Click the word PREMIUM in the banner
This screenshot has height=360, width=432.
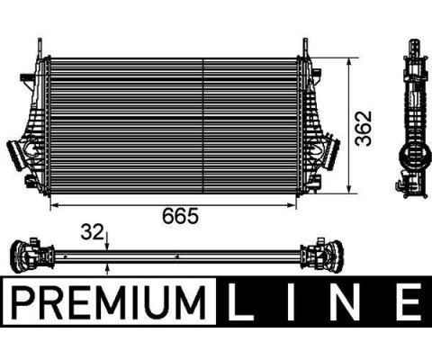click(x=106, y=303)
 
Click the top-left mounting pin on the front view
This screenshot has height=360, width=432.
click(x=38, y=46)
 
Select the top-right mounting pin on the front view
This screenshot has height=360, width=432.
click(x=304, y=46)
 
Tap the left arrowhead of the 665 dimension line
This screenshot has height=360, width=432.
click(x=52, y=204)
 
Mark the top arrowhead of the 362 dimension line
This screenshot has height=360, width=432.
click(x=350, y=62)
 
